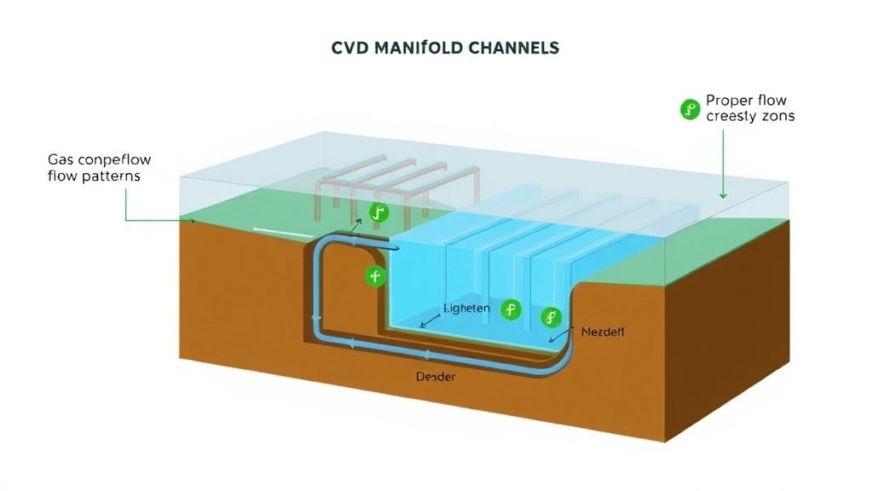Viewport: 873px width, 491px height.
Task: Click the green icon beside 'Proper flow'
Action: [689, 108]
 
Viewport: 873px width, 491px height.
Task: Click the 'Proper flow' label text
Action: [746, 101]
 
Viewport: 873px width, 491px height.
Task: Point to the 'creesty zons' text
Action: [750, 116]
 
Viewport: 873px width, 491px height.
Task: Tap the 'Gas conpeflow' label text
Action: [94, 160]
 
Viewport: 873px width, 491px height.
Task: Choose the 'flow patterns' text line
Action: [95, 176]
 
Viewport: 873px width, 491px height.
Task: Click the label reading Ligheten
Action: [467, 308]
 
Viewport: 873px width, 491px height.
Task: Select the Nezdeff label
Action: [602, 332]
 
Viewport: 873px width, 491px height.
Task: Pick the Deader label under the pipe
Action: [435, 376]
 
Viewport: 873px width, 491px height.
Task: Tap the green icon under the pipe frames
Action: [379, 213]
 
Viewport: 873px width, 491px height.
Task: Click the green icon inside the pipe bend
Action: [375, 276]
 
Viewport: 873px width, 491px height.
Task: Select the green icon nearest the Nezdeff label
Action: [552, 318]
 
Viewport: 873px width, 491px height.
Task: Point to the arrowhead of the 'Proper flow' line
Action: [723, 195]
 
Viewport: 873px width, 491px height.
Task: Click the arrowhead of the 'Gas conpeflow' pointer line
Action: [194, 221]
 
